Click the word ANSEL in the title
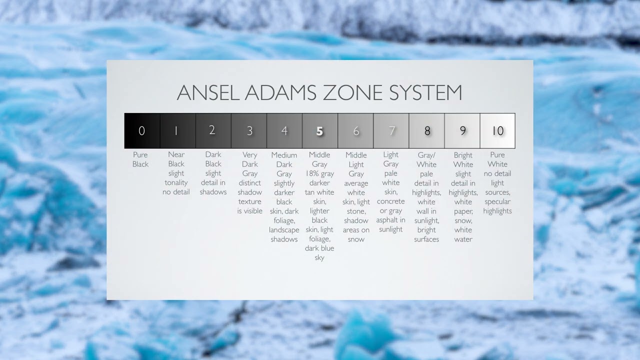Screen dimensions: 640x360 (x=208, y=92)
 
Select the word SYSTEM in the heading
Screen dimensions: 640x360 (x=425, y=92)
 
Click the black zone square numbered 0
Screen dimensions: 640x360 (x=142, y=131)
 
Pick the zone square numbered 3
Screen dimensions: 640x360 (x=249, y=131)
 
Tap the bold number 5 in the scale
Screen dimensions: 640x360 (x=319, y=131)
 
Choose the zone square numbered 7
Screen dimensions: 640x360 (x=391, y=131)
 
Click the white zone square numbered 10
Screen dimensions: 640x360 (x=497, y=131)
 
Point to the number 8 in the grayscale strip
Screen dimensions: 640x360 (x=427, y=131)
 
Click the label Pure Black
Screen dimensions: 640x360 (x=140, y=159)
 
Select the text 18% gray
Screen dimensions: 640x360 (x=319, y=173)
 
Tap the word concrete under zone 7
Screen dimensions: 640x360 (x=390, y=201)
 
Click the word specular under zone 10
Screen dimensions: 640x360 (x=497, y=201)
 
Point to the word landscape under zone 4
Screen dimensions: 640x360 (x=284, y=229)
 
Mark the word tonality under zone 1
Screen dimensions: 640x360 (x=176, y=182)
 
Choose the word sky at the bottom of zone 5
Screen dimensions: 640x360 (x=319, y=257)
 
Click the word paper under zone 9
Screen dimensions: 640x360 (x=463, y=211)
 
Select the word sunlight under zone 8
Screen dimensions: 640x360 (x=426, y=220)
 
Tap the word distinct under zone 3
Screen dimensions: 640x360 (x=249, y=183)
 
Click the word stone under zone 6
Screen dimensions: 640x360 (x=356, y=211)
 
